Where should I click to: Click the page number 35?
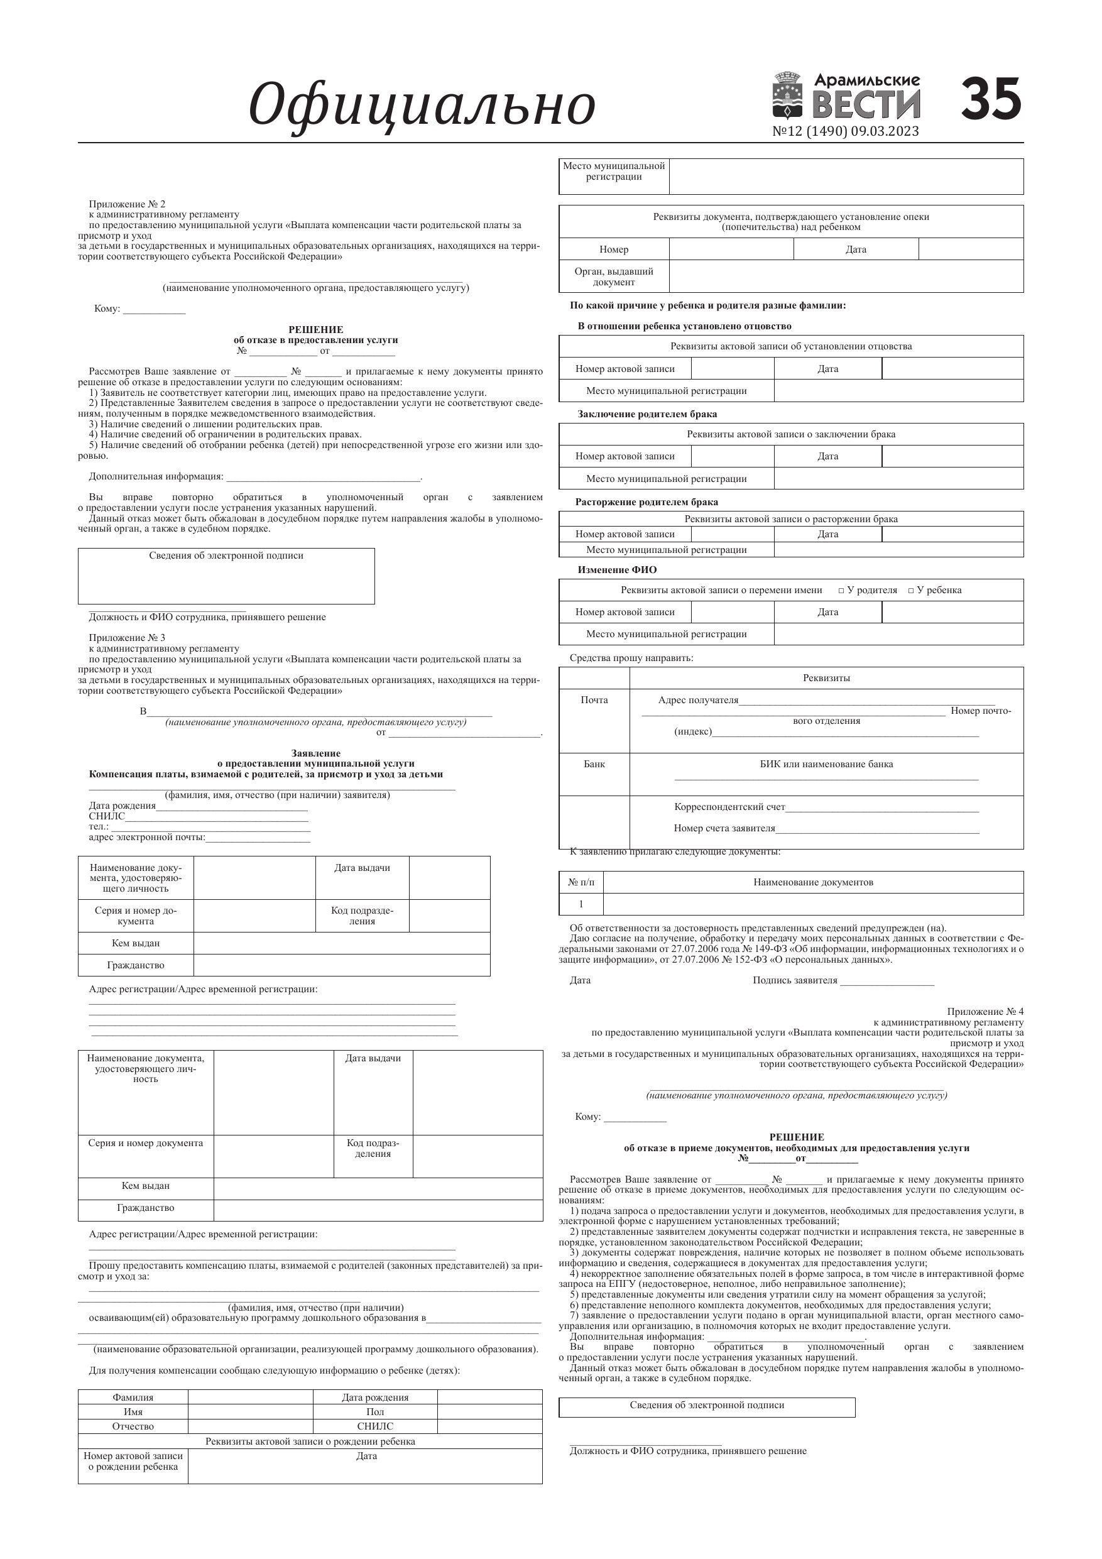coord(991,99)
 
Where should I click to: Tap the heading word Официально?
coord(422,105)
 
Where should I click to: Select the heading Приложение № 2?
coord(127,204)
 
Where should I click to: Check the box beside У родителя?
coord(841,591)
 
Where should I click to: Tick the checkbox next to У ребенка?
coord(911,591)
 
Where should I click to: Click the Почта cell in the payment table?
coord(594,700)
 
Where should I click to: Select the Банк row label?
coord(594,764)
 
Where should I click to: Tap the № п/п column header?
coord(581,882)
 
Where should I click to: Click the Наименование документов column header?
coord(813,882)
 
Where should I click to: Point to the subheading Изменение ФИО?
coord(617,570)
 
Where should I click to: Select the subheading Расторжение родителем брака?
coord(646,503)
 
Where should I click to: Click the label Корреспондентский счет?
coord(729,807)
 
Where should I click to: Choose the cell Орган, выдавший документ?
coord(614,276)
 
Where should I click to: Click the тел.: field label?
coord(99,826)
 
